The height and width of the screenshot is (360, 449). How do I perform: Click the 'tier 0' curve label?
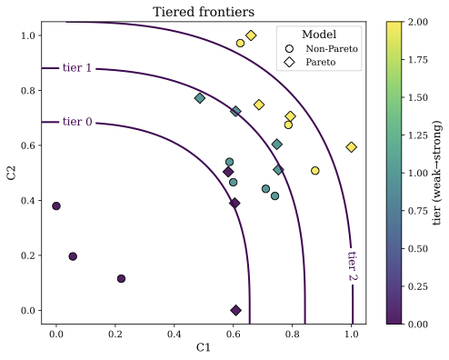tap(77, 123)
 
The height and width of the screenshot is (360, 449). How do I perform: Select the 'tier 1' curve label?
tap(77, 68)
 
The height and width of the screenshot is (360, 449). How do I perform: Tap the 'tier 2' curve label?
tap(353, 265)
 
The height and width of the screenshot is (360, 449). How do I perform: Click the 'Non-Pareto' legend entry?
tap(332, 48)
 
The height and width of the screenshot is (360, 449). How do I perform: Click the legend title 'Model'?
tap(320, 34)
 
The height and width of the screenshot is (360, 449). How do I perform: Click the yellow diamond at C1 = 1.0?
tap(352, 147)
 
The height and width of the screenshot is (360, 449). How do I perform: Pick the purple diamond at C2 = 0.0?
tap(236, 310)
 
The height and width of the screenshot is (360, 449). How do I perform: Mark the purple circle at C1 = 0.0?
tap(56, 206)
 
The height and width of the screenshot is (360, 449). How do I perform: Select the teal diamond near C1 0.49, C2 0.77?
tap(200, 98)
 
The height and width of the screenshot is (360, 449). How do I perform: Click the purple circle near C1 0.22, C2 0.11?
tap(121, 279)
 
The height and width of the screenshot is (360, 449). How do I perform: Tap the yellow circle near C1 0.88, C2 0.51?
tap(315, 171)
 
